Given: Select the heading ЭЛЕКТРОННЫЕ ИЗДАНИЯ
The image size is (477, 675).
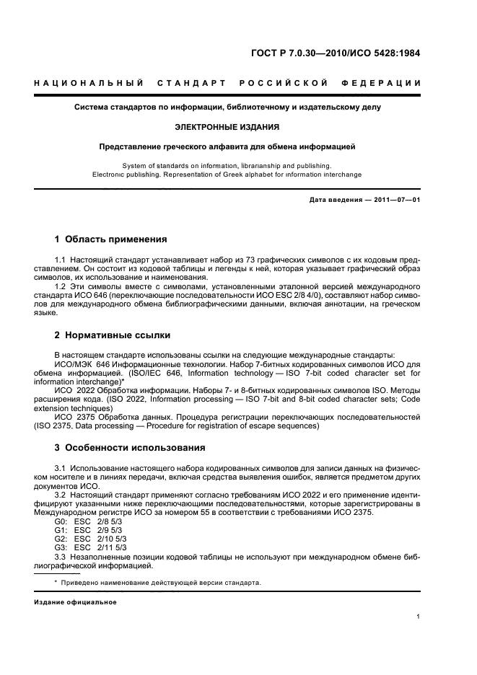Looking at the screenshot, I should click(x=227, y=127).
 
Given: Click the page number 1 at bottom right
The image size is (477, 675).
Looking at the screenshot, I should click(x=419, y=616).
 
